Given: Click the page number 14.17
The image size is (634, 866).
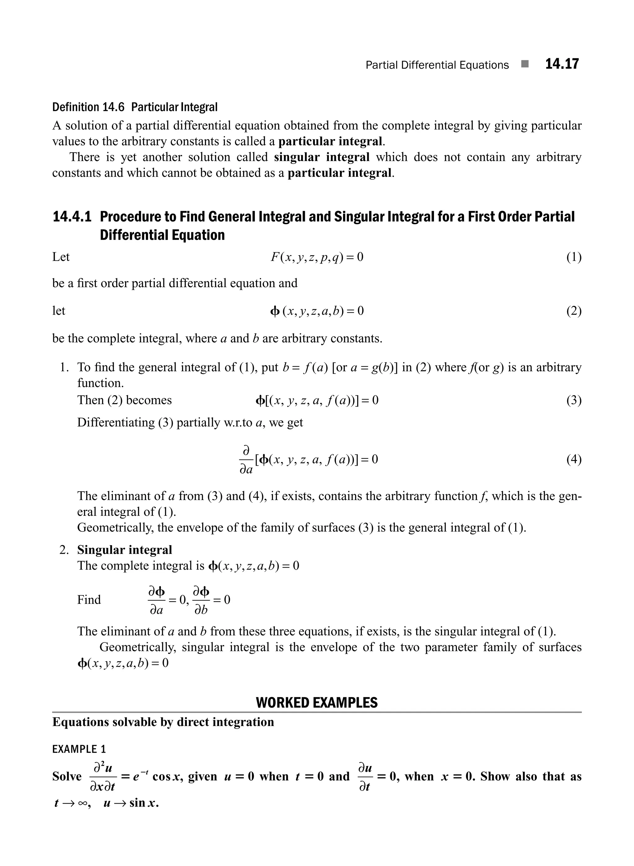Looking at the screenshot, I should coord(562,64).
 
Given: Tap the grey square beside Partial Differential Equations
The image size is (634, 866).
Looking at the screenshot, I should coord(525,64).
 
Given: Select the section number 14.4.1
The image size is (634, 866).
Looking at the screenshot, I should coord(72,217).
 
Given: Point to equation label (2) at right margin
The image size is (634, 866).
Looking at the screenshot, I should coord(574,311).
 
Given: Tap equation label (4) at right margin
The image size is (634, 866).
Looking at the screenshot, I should coord(574,459).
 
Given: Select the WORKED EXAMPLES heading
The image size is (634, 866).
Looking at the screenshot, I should coord(317,703).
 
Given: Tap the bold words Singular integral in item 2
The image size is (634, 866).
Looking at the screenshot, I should coord(124,550).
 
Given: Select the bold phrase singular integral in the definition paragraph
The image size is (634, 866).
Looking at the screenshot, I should coord(322,157).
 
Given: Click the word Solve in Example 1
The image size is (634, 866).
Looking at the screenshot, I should coord(67,776).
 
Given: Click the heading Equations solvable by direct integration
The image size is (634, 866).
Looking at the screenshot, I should coord(163,722).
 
